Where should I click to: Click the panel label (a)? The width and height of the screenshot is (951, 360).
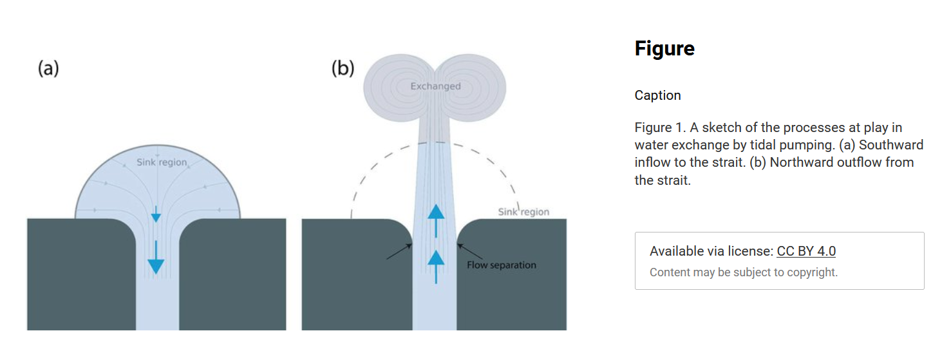pos(48,68)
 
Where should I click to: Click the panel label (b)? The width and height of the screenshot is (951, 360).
pos(343,68)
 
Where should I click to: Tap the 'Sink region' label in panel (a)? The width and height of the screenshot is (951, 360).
pos(162,162)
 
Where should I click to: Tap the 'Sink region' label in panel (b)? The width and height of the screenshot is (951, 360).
pos(523,211)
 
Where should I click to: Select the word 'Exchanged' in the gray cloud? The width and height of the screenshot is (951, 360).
pos(436,86)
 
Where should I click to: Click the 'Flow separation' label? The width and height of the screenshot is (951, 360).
pos(502,265)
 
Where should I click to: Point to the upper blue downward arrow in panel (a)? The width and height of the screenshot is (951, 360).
pos(156,214)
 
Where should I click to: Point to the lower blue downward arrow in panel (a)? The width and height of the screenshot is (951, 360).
pos(156,257)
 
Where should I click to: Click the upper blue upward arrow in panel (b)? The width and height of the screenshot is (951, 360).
pos(436,221)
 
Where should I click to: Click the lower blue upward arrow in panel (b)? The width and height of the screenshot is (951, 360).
pos(436,267)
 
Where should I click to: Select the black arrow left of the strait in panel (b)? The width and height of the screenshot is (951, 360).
pos(399,251)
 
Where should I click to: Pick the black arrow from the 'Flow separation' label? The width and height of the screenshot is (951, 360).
pos(470,251)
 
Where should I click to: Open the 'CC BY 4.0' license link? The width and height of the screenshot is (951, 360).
pos(806,251)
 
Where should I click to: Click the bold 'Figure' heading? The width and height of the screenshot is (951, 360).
pos(664,48)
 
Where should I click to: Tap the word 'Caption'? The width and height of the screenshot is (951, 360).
pos(657,95)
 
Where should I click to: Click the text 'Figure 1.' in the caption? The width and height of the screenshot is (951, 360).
pos(660,128)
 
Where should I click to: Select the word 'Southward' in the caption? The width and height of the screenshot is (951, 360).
pos(891,145)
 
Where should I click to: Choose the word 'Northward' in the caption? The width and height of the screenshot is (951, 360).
pos(802,162)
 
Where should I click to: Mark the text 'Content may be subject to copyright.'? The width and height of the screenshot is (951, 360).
pos(744,272)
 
